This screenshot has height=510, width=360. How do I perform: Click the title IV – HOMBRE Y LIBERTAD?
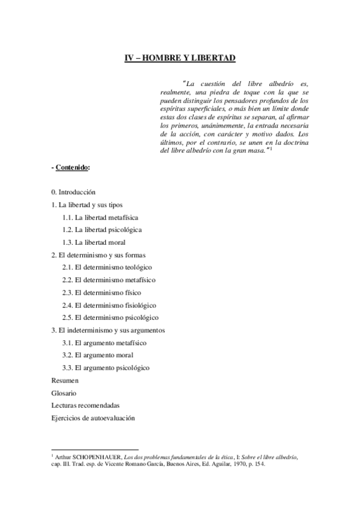180,59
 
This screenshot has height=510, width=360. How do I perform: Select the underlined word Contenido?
73,167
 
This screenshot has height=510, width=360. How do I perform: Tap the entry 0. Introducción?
73,192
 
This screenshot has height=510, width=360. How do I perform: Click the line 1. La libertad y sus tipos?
87,204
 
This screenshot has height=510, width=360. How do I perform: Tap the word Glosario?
64,393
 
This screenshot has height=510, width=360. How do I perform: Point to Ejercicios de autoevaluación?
93,417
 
